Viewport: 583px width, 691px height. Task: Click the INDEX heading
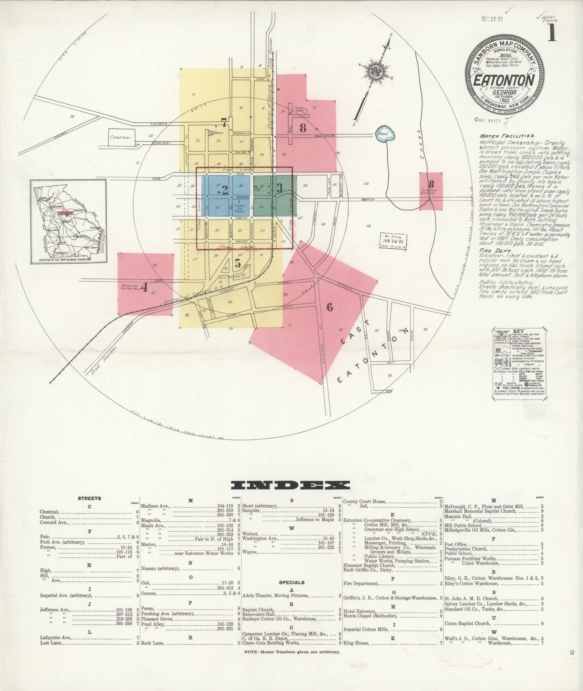pyautogui.click(x=290, y=485)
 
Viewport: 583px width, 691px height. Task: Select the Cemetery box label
pyautogui.click(x=121, y=137)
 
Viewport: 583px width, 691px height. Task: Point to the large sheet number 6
pyautogui.click(x=330, y=307)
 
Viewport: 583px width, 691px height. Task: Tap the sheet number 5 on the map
pyautogui.click(x=238, y=264)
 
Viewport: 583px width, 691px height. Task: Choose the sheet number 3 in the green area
pyautogui.click(x=280, y=187)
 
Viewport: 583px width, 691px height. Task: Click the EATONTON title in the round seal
pyautogui.click(x=504, y=79)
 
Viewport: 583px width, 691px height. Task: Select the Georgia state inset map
pyautogui.click(x=69, y=222)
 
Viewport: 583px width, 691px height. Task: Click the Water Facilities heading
pyautogui.click(x=508, y=136)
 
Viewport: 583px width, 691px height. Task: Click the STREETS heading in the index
pyautogui.click(x=89, y=498)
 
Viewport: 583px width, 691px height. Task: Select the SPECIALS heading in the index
pyautogui.click(x=291, y=582)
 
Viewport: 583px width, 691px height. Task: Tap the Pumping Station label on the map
pyautogui.click(x=431, y=191)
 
